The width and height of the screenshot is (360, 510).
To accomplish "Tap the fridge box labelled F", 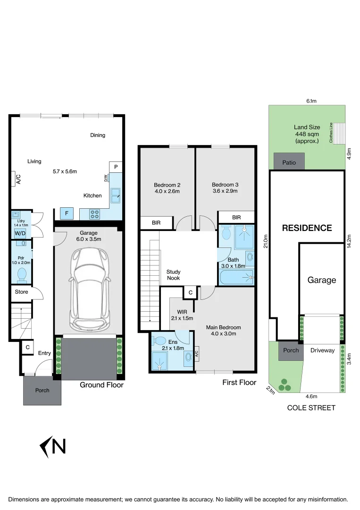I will coord(67,213).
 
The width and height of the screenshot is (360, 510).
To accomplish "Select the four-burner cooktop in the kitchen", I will coord(95,214).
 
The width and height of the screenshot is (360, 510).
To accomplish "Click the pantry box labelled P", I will coord(116,167).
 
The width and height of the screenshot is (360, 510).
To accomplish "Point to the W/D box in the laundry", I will coord(20,233).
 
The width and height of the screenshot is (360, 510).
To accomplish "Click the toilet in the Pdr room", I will coord(22,274).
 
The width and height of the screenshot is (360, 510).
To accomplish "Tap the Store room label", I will coord(21,292).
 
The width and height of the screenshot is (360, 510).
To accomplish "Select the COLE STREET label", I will coord(311,408).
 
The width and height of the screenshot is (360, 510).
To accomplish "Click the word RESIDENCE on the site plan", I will coord(307,228).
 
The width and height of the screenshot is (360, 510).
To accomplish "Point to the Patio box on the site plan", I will coord(289,162).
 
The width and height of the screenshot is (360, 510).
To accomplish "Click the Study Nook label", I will coord(173,275).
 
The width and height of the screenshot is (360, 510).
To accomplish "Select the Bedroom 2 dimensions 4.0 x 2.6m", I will coord(167,191).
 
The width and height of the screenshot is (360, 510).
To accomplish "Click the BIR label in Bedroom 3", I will coord(236,217).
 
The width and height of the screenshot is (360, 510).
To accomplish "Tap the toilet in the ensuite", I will coord(160,341).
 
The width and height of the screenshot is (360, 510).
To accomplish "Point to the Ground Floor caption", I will coord(101,385).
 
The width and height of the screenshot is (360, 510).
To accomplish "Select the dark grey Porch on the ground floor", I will coord(42,391).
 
